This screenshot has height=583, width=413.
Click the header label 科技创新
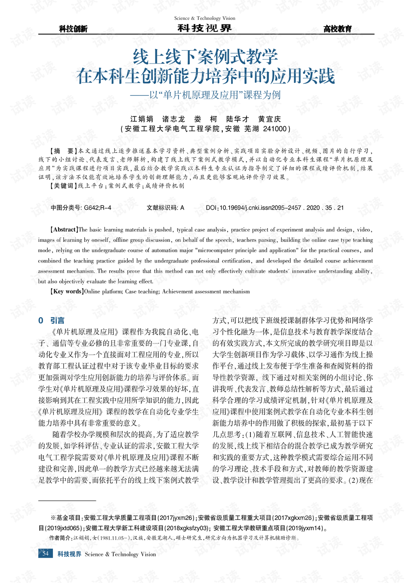pos(73,29)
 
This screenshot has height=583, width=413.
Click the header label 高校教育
pos(337,29)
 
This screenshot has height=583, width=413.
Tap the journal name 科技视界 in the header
pos(205,28)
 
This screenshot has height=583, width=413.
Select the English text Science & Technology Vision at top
pos(205,18)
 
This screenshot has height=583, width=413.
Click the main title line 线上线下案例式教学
pos(205,57)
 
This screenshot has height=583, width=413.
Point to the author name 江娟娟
pos(142,119)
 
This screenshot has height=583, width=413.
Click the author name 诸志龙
pos(173,119)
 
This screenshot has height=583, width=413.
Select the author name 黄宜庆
pos(269,119)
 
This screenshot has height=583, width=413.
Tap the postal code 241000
pos(275,129)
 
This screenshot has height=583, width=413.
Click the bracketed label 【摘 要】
pos(64,151)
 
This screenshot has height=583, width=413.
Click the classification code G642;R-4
pos(97,208)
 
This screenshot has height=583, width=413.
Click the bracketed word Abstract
pos(65,229)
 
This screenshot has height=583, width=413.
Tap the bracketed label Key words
pos(67,291)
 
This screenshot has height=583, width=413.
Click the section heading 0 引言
pos(51,320)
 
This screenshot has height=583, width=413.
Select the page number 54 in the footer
pos(46,554)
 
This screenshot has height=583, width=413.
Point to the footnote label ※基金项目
pos(66,518)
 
